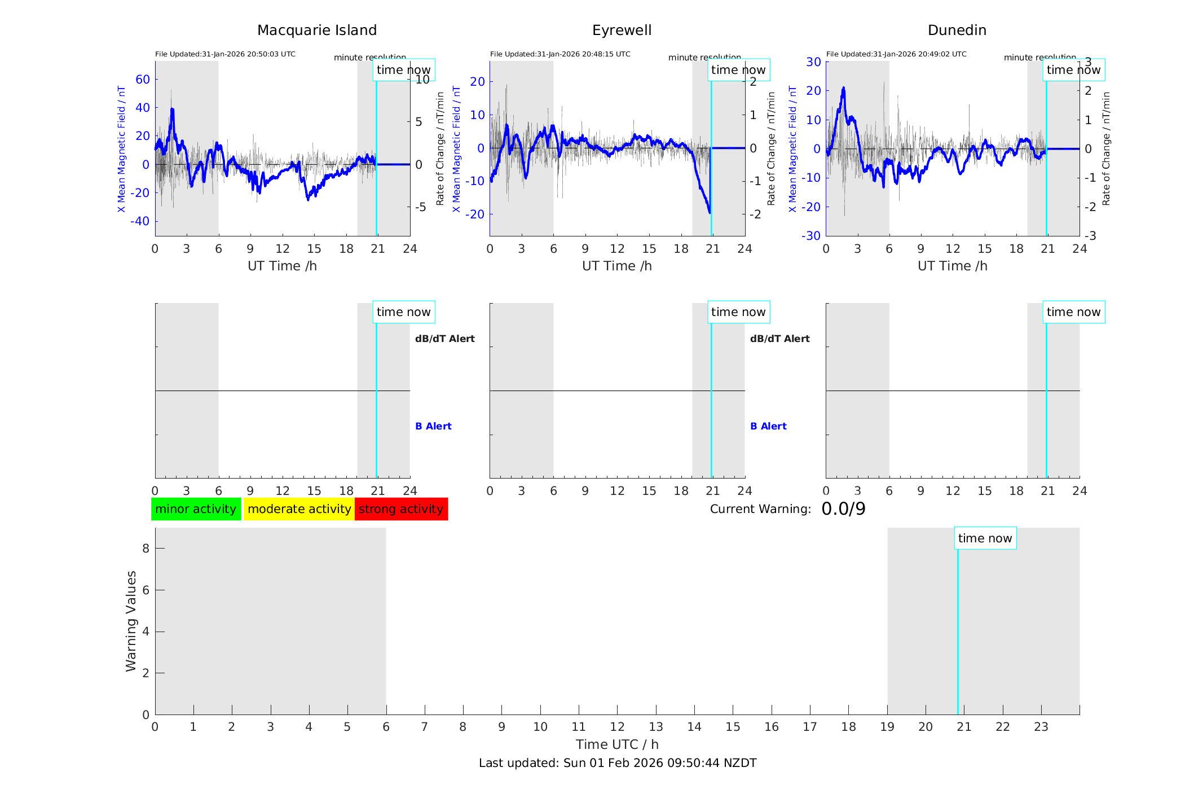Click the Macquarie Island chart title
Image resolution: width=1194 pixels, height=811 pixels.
pos(317,30)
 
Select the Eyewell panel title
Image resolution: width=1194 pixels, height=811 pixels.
pos(622,30)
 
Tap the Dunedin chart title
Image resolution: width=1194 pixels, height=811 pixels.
pos(957,30)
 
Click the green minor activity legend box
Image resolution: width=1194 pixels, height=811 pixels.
pos(196,509)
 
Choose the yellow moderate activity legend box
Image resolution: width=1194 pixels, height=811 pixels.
pos(299,509)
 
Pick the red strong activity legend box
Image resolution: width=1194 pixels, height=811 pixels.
pos(401,509)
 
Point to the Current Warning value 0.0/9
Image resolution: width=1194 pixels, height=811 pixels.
pos(843,509)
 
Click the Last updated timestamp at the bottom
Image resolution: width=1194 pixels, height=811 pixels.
pos(618,763)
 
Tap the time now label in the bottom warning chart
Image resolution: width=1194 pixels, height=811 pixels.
pos(985,538)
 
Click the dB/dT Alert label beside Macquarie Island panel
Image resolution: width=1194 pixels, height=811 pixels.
pos(444,339)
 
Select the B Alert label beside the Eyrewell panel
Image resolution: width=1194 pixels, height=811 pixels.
pos(768,426)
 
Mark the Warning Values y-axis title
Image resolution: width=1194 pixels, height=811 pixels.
pos(131,621)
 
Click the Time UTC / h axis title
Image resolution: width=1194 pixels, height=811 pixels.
pos(617,744)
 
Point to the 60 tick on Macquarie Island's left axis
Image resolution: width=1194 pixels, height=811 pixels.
pos(143,80)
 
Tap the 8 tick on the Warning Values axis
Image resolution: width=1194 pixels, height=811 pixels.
pos(146,548)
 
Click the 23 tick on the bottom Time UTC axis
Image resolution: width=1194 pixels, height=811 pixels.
pos(1041,727)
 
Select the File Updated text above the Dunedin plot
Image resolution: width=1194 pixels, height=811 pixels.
pos(896,54)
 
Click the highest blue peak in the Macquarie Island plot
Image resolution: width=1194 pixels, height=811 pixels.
pos(172,110)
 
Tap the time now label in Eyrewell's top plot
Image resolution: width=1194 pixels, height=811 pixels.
pos(738,70)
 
